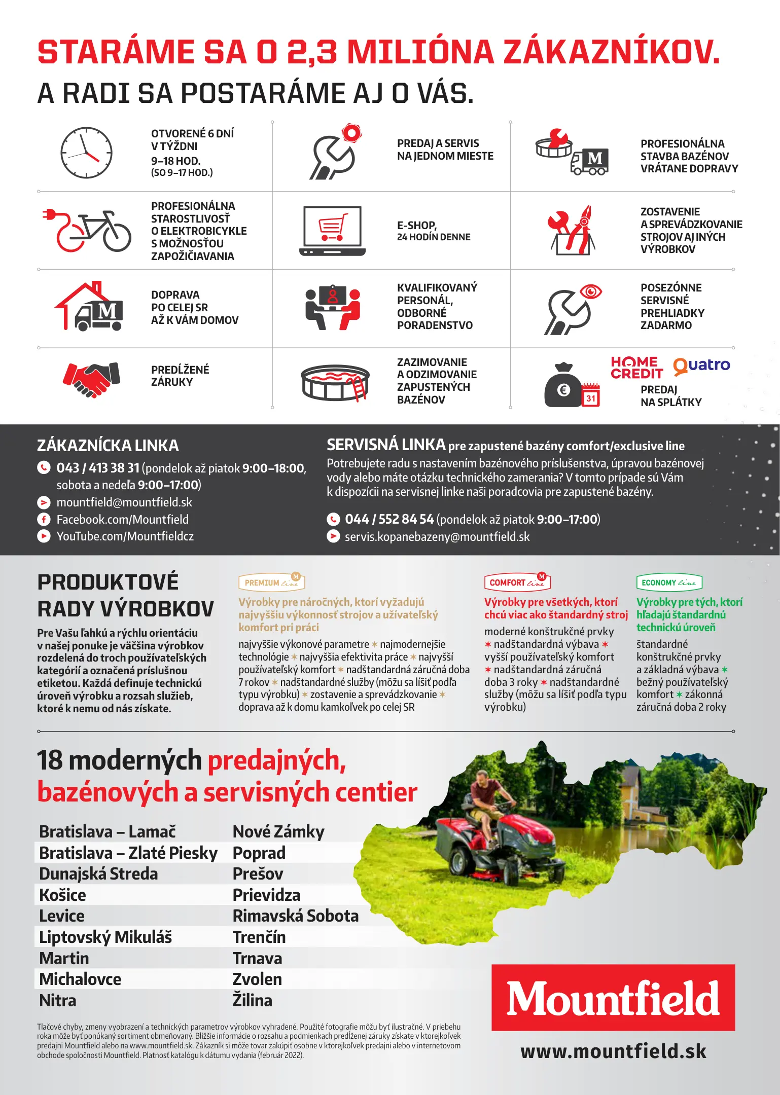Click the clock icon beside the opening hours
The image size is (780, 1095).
point(86,153)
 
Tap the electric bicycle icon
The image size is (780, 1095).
point(87,231)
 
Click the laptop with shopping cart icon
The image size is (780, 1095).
point(333,231)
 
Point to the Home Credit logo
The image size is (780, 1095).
point(636,368)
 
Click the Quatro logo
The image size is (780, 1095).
point(701,366)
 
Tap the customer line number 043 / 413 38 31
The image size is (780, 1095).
point(98,468)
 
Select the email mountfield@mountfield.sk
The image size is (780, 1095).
point(124,502)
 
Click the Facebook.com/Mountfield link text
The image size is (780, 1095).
point(122,520)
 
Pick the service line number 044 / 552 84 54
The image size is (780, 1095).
point(389,520)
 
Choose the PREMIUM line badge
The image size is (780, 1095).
point(271,582)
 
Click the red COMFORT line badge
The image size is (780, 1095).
point(517,582)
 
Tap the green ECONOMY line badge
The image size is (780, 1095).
point(669,582)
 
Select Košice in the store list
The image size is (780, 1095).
point(62,895)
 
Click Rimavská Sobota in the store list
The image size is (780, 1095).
point(295,916)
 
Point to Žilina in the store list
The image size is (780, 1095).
point(252,1001)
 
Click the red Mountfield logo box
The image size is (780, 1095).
point(613,997)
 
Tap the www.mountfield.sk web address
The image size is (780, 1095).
point(613,1051)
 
